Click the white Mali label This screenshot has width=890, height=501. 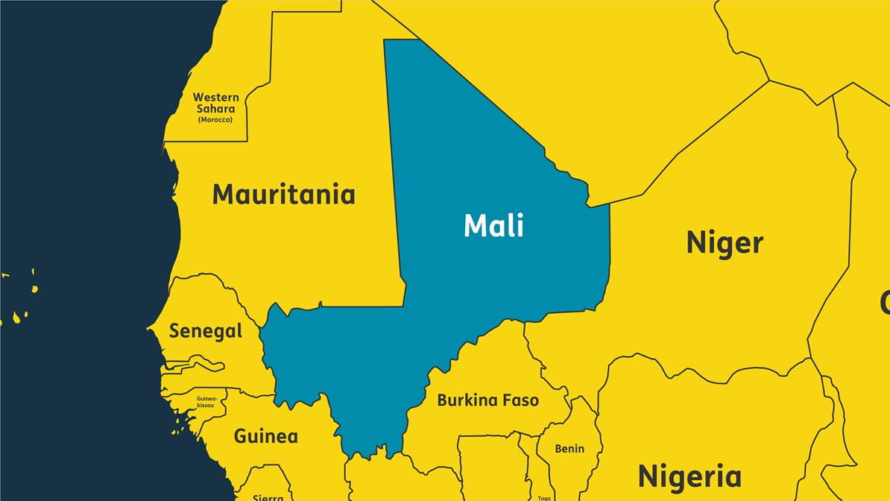click(x=493, y=225)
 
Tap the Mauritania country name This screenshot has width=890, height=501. click(x=283, y=195)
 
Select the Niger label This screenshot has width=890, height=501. click(x=725, y=243)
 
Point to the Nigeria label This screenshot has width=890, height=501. click(x=689, y=476)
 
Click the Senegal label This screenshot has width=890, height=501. click(x=206, y=331)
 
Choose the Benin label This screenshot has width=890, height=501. click(x=569, y=449)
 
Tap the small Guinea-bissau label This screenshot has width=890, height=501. click(x=206, y=402)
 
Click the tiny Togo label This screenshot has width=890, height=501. click(x=544, y=497)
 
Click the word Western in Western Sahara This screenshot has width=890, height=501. click(x=216, y=97)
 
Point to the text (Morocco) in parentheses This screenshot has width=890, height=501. click(x=215, y=119)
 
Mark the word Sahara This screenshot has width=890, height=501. click(x=216, y=109)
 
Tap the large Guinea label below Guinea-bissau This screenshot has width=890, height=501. click(x=266, y=436)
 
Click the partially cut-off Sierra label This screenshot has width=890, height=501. click(x=268, y=497)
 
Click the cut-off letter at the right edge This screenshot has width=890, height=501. click(x=885, y=303)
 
